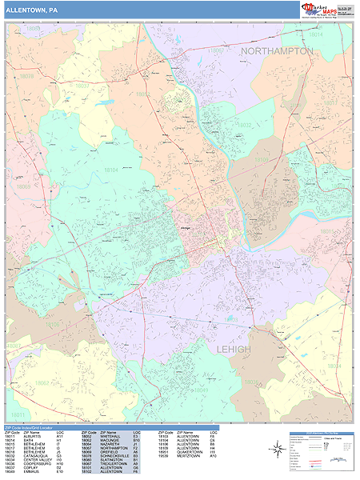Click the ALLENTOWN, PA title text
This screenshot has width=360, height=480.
click(30, 10)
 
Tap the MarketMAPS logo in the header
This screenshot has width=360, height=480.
click(318, 10)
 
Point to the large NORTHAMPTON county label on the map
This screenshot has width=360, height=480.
click(277, 50)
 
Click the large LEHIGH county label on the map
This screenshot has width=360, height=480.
click(233, 350)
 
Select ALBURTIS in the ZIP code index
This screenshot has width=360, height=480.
click(33, 435)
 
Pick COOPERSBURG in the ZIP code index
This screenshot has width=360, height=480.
click(36, 464)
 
